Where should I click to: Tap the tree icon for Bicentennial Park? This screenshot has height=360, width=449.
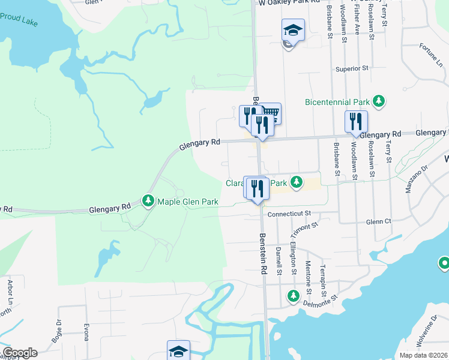[379, 101]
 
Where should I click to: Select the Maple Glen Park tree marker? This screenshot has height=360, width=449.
[148, 200]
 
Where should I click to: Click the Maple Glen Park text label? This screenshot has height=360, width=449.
[187, 202]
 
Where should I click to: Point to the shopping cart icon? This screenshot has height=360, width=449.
[271, 113]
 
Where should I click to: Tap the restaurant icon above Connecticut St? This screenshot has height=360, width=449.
[256, 187]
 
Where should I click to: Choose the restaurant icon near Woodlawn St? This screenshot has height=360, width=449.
[356, 121]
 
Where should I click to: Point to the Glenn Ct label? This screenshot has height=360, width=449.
[379, 221]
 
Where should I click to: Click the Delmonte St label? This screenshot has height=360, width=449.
[322, 297]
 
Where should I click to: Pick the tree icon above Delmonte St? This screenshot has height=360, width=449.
[293, 295]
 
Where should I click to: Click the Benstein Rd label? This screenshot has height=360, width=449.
[263, 253]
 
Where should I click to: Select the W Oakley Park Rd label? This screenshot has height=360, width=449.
[289, 3]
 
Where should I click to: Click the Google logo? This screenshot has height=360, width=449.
[20, 353]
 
